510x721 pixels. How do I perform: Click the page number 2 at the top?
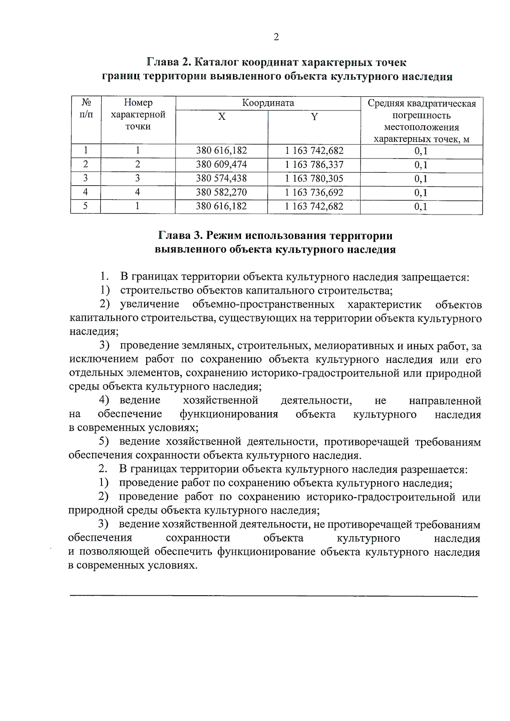click(x=276, y=37)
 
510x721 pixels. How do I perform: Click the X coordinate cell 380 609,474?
click(x=221, y=164)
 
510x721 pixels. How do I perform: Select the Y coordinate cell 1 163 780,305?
click(x=314, y=178)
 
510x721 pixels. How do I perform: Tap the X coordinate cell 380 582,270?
click(x=221, y=192)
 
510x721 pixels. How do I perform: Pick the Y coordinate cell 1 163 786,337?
click(x=314, y=164)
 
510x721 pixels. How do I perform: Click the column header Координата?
click(x=268, y=103)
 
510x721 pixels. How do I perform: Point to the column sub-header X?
click(x=221, y=117)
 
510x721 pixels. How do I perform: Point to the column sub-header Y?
click(x=314, y=117)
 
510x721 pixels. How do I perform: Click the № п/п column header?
click(x=86, y=108)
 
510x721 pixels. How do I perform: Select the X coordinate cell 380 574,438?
click(x=221, y=178)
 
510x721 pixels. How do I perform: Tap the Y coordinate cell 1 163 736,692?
click(x=314, y=192)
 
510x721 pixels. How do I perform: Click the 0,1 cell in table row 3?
click(x=421, y=179)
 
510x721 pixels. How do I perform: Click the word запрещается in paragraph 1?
click(x=435, y=277)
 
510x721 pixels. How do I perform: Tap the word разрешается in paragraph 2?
click(x=433, y=469)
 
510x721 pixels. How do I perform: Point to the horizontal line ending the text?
click(x=273, y=597)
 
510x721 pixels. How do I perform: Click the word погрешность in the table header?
click(x=421, y=116)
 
